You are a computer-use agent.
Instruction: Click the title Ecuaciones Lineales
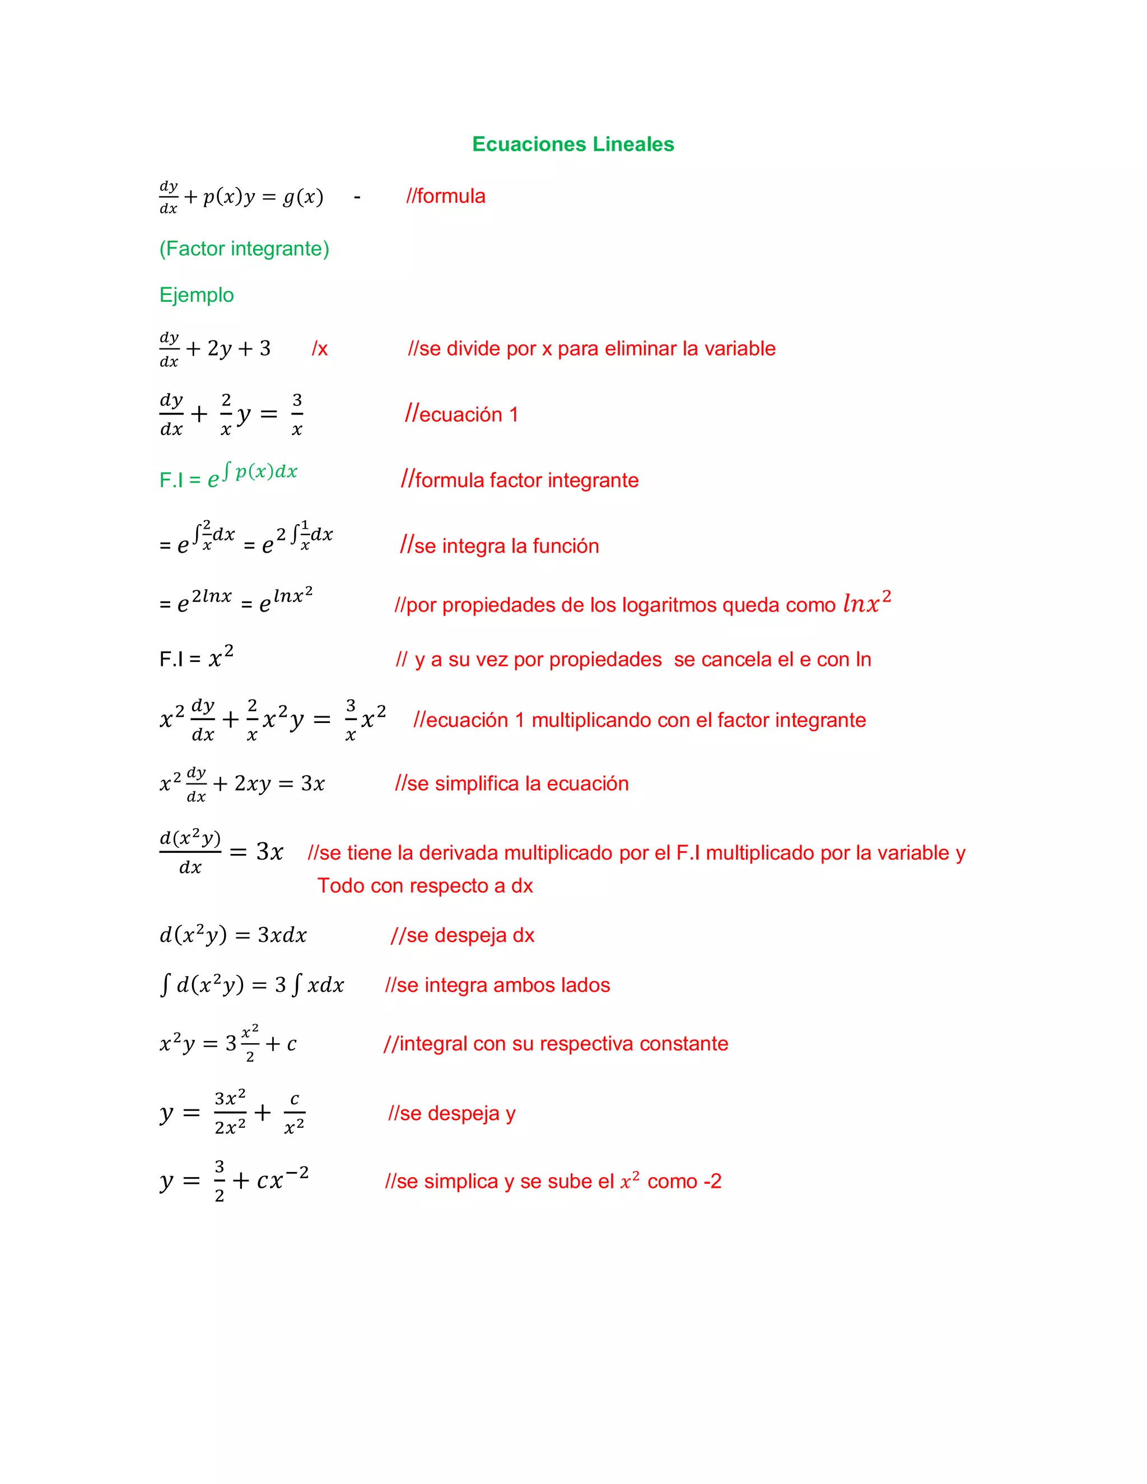tap(573, 144)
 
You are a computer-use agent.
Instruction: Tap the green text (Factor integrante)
tap(244, 249)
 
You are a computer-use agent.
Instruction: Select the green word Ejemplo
tap(197, 295)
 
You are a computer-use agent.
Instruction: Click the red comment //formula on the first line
tap(446, 197)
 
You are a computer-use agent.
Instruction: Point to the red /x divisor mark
tap(319, 349)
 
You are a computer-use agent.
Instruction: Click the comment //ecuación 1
tap(461, 414)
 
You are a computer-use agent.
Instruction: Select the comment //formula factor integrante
tap(520, 480)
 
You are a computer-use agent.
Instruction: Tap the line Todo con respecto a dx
tap(425, 885)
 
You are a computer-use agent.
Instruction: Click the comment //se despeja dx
tap(463, 935)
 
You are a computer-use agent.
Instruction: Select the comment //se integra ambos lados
tap(497, 984)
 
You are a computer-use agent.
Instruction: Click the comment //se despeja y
tap(452, 1113)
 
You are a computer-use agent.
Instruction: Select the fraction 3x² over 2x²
tap(230, 1113)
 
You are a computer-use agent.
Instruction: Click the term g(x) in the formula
tap(303, 197)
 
